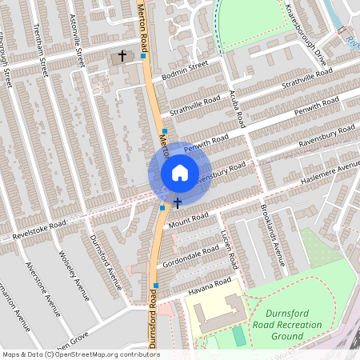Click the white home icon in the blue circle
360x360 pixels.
180,172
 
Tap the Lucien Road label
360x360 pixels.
229,250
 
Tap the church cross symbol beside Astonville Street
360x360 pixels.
122,56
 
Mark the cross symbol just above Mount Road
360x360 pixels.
177,203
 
